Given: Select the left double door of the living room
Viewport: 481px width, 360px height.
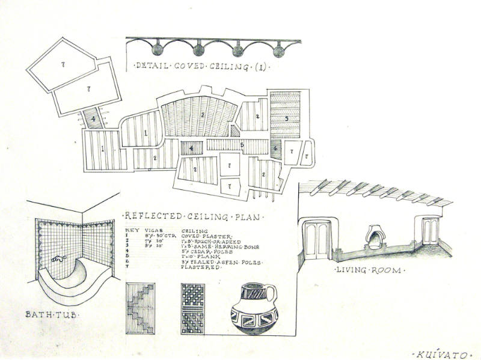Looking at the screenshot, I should (x=317, y=239).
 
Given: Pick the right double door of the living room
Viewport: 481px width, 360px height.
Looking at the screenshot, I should (x=430, y=231).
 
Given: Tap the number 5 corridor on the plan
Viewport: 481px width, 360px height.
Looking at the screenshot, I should (x=240, y=145).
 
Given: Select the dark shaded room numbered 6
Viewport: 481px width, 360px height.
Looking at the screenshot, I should (x=275, y=148).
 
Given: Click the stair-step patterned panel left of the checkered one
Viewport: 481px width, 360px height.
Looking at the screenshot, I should (x=141, y=308).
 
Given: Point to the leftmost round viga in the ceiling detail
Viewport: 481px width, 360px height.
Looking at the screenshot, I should (x=158, y=49).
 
